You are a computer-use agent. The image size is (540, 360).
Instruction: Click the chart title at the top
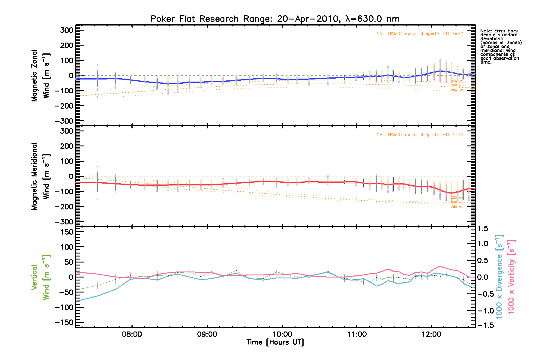(x=275, y=19)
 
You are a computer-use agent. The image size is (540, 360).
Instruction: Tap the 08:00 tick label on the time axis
(x=132, y=334)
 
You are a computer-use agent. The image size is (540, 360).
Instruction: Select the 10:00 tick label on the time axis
(x=282, y=334)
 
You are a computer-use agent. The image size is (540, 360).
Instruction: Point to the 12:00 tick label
(x=431, y=334)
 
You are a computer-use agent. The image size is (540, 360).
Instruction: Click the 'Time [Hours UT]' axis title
(x=275, y=342)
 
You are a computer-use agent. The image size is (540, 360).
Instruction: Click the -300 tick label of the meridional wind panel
(x=64, y=222)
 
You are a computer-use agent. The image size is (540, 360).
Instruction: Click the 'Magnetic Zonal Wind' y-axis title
(x=40, y=76)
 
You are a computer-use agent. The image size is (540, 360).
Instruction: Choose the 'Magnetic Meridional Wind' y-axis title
(x=40, y=176)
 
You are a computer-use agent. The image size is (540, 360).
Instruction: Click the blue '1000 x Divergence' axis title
(x=499, y=277)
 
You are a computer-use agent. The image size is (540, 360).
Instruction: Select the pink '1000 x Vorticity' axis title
(x=511, y=277)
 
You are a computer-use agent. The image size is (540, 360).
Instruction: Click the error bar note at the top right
(x=500, y=46)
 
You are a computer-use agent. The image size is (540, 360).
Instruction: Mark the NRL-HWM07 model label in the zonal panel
(x=420, y=34)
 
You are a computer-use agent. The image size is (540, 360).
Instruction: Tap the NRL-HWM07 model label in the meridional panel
(x=420, y=135)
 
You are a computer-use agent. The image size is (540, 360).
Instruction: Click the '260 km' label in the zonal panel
(x=457, y=90)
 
